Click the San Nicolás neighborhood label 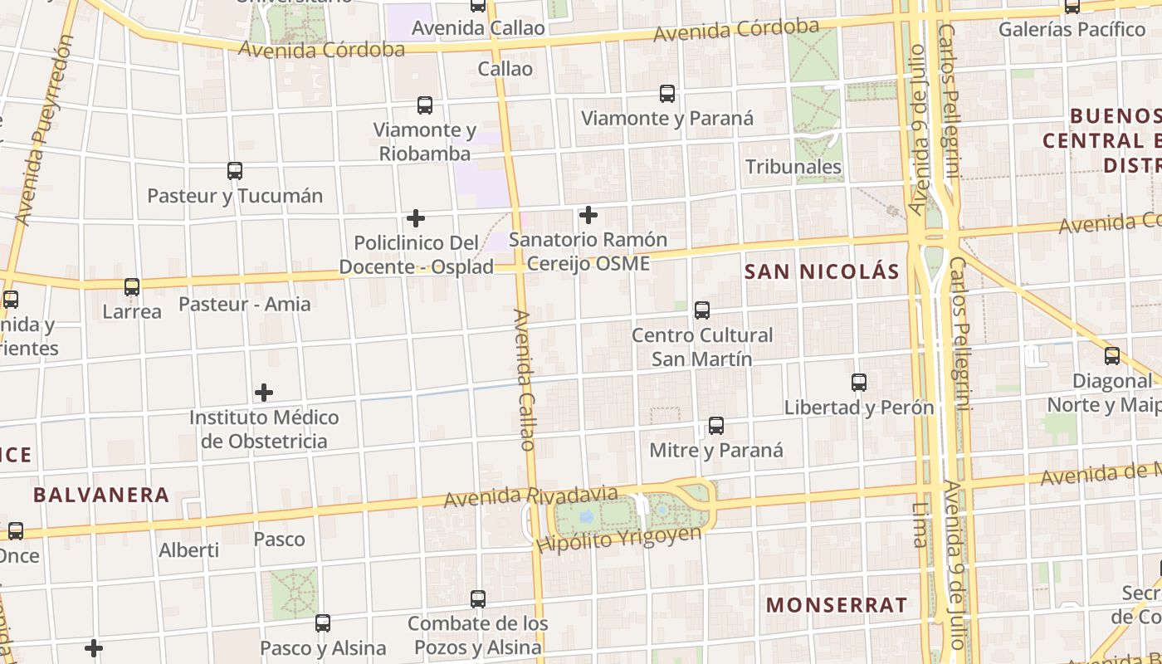pos(822,271)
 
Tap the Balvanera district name pos(101,496)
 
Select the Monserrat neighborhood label pos(837,605)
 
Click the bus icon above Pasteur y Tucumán pos(235,171)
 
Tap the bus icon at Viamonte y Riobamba pos(425,105)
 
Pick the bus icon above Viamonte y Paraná pos(667,94)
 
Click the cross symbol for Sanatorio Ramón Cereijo pos(588,216)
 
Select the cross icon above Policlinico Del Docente pos(416,218)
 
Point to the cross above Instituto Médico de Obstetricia pos(264,392)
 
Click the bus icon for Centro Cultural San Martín pos(702,310)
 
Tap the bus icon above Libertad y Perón pos(859,383)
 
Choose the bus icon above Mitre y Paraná pos(716,426)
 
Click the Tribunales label pos(793,167)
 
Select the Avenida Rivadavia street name pos(530,497)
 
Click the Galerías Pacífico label pos(1072,30)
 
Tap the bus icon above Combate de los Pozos pos(478,598)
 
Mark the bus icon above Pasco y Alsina pos(323,622)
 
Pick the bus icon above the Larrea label pos(132,287)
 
